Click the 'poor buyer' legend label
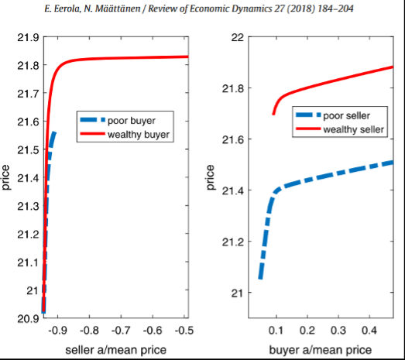click(x=132, y=121)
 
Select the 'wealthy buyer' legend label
click(x=139, y=135)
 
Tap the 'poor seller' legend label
click(x=347, y=115)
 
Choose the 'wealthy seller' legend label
click(x=354, y=129)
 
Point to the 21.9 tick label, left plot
click(x=28, y=38)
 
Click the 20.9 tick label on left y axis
click(x=28, y=319)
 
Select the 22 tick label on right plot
click(x=238, y=38)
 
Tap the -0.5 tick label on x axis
click(x=184, y=331)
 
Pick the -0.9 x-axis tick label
click(x=57, y=331)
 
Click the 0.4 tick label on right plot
click(x=369, y=331)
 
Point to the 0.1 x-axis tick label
click(x=276, y=331)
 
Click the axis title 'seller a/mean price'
click(x=116, y=350)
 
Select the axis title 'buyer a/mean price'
click(x=321, y=350)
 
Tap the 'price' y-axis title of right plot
click(x=211, y=177)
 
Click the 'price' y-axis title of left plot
click(x=5, y=177)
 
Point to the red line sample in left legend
click(x=92, y=134)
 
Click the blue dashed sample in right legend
click(x=308, y=115)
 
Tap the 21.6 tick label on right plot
click(x=233, y=139)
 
